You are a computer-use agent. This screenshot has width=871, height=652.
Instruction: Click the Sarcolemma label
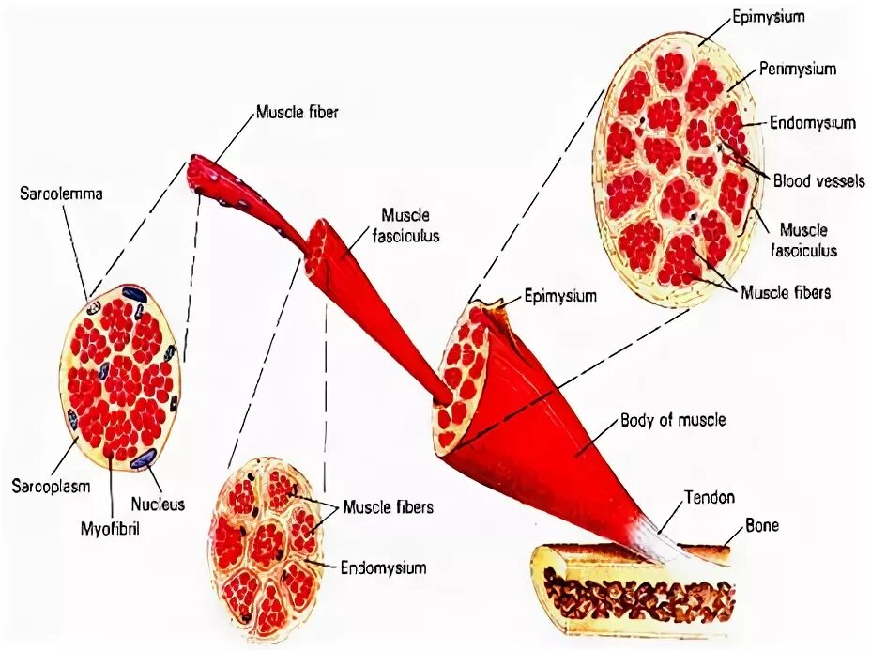pyautogui.click(x=61, y=194)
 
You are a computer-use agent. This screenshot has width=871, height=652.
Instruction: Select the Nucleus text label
pyautogui.click(x=158, y=504)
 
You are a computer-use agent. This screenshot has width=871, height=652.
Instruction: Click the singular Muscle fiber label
pyautogui.click(x=297, y=113)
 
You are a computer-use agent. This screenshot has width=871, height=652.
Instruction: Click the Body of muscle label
pyautogui.click(x=673, y=420)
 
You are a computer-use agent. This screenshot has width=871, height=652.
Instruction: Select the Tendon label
pyautogui.click(x=709, y=497)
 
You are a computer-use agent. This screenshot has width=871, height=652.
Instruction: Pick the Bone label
pyautogui.click(x=761, y=526)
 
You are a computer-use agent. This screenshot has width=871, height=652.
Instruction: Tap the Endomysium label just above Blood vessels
pyautogui.click(x=812, y=122)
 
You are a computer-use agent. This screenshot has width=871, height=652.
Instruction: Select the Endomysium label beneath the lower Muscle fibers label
pyautogui.click(x=383, y=567)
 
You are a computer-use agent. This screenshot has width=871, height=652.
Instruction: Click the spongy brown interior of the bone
pyautogui.click(x=638, y=592)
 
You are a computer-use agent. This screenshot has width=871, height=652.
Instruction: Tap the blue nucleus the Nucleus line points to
pyautogui.click(x=144, y=458)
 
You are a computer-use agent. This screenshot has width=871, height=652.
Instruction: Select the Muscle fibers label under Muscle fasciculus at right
pyautogui.click(x=786, y=292)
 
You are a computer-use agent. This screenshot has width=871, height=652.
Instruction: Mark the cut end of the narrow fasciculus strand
pyautogui.click(x=323, y=246)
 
